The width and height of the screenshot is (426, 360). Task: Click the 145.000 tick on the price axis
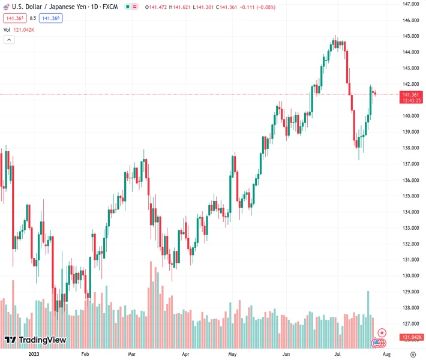tap(410, 36)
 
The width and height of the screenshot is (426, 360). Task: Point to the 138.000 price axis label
tap(410, 148)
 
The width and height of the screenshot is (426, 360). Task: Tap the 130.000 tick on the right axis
tap(410, 275)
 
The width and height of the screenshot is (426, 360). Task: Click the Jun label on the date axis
tap(286, 354)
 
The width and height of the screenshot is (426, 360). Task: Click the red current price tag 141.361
tap(411, 95)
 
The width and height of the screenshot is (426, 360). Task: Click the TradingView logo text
tap(35, 340)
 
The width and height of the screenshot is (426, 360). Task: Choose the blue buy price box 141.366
tap(51, 18)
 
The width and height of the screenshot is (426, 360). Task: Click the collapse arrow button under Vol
tap(9, 40)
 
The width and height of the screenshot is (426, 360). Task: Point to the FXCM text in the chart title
tap(110, 6)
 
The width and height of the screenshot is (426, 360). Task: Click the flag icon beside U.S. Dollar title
tap(6, 6)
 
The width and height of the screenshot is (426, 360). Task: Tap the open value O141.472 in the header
tap(155, 6)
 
